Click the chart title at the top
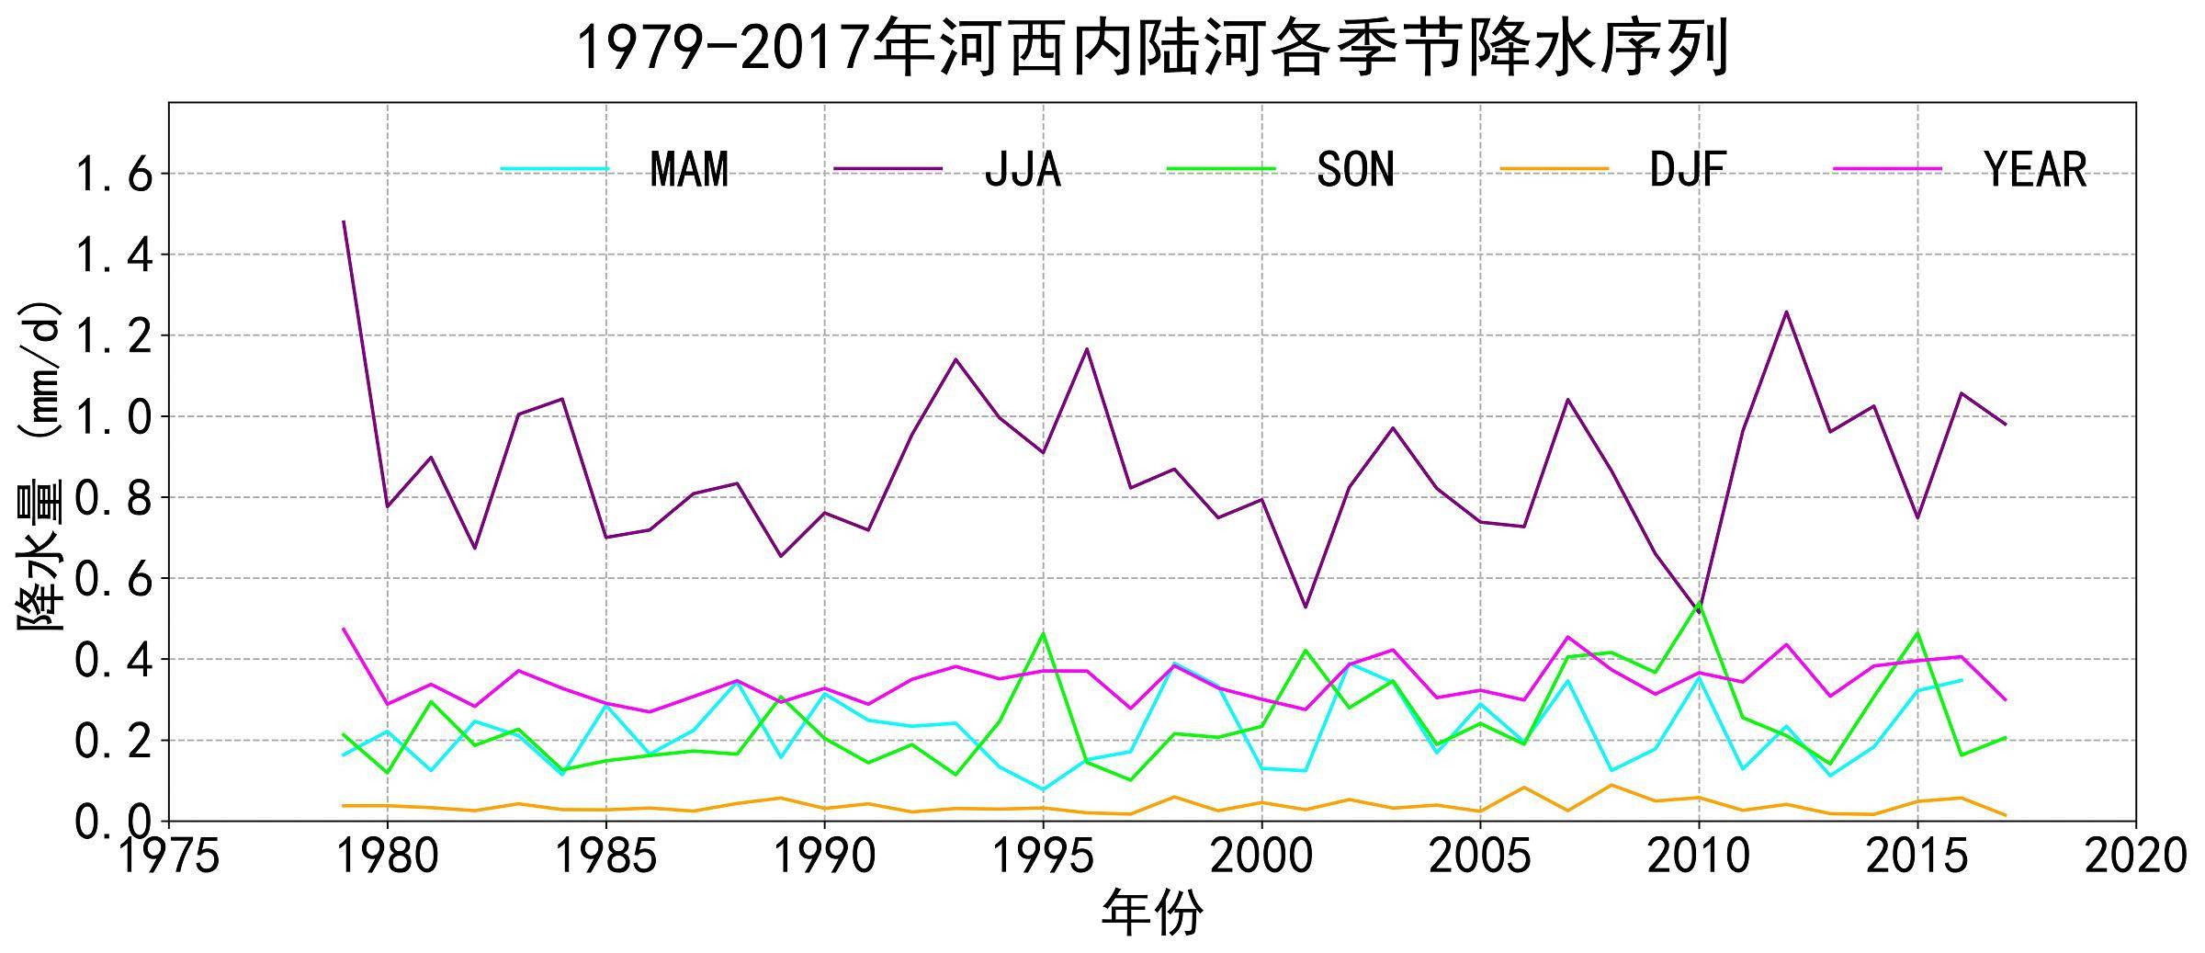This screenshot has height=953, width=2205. click(1152, 48)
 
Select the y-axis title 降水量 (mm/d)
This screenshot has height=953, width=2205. click(40, 464)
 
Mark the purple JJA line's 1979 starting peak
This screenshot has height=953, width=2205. click(344, 221)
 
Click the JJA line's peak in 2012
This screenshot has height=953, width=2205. click(1786, 312)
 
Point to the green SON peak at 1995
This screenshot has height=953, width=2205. click(1043, 633)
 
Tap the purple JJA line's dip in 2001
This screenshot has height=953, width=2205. click(1306, 607)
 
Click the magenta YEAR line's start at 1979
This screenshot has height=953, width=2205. click(344, 630)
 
